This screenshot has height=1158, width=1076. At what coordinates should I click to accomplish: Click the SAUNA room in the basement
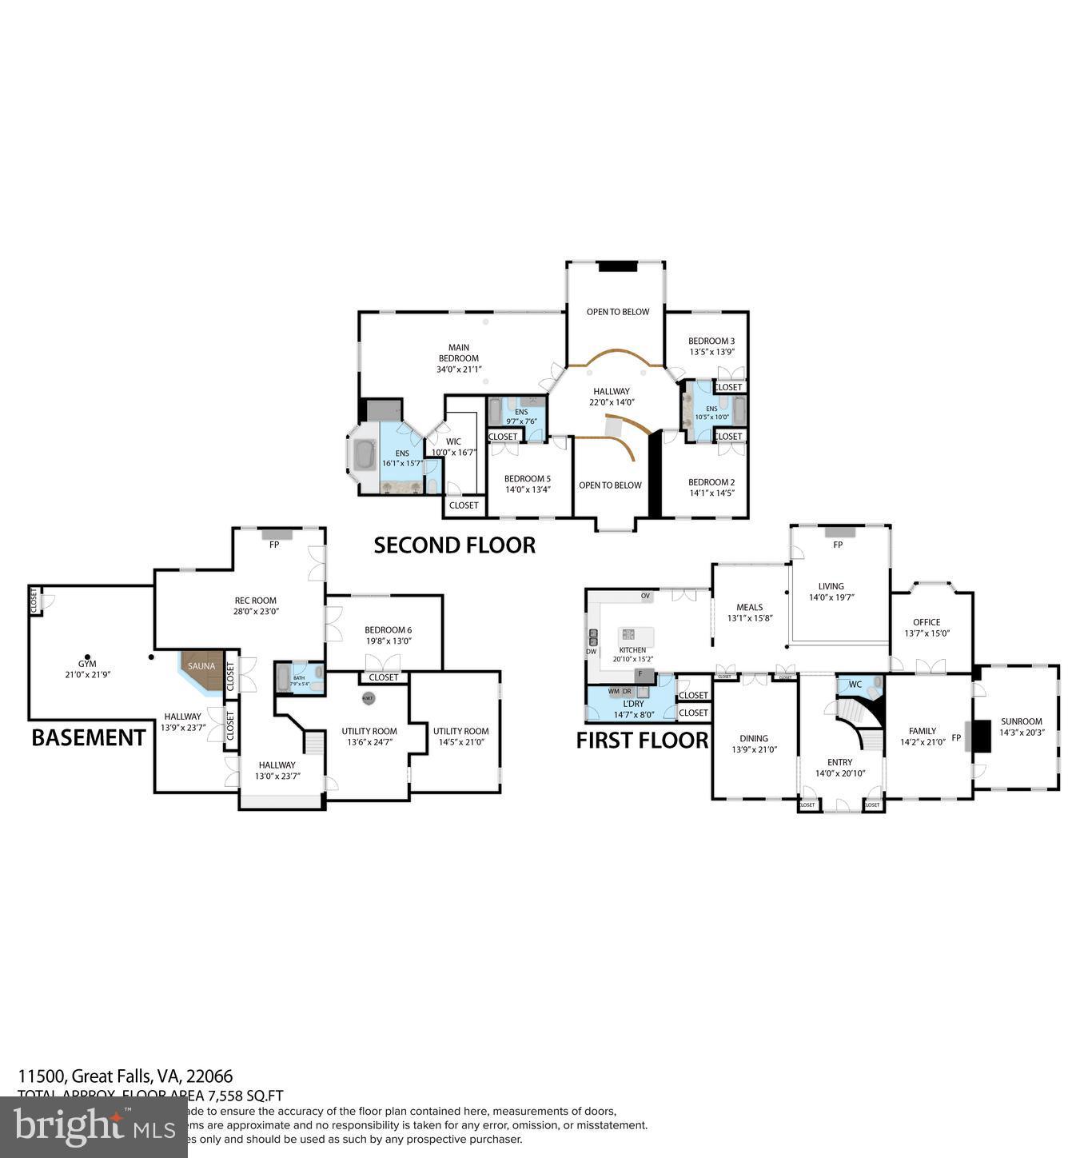(201, 669)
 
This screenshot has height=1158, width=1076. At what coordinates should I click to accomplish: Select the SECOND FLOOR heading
(454, 545)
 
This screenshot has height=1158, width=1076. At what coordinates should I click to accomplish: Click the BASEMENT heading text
(88, 737)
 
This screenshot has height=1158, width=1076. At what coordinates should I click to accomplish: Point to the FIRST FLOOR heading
(642, 741)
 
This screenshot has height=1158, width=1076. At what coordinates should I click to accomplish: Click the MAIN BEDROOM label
(459, 353)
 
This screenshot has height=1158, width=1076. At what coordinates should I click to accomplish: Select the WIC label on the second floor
(453, 441)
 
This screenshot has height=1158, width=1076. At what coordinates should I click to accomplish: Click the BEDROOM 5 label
(527, 479)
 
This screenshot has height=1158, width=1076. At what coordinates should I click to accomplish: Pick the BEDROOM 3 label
(711, 341)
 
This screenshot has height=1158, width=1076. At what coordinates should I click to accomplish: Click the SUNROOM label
(1021, 721)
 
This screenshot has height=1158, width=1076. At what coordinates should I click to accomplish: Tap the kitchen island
(637, 637)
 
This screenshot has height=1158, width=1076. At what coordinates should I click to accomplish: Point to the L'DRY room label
(633, 704)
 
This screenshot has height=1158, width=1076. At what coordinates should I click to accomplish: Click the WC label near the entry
(855, 685)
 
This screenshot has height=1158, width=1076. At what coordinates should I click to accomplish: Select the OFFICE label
(927, 622)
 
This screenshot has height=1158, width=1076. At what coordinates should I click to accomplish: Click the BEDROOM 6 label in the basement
(388, 630)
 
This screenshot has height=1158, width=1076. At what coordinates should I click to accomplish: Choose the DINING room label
(753, 739)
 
